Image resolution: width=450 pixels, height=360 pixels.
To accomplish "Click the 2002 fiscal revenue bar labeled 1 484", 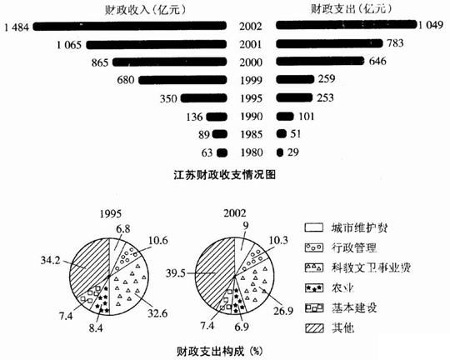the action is (130, 27).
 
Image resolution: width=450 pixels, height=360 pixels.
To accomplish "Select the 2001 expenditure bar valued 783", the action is (329, 43).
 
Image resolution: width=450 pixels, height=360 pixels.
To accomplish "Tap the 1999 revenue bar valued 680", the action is (182, 80).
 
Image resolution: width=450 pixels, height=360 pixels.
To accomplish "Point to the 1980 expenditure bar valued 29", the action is (280, 152).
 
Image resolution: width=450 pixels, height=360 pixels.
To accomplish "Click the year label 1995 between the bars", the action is (252, 98).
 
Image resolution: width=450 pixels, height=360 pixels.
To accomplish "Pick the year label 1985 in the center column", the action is (252, 134).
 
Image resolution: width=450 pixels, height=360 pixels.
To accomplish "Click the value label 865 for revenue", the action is (100, 62).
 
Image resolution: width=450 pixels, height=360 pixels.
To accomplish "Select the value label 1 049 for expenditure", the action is (431, 25).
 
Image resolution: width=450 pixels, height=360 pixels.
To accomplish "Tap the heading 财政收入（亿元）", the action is (145, 10).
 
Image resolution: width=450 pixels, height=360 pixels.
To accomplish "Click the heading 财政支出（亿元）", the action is (351, 10).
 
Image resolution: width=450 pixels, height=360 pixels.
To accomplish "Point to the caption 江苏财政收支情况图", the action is (225, 174).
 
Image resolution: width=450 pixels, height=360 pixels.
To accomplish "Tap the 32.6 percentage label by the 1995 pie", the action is (157, 312).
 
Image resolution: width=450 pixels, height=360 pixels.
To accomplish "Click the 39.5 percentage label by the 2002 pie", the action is (176, 273).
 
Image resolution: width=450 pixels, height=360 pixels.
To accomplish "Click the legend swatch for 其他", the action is (314, 327).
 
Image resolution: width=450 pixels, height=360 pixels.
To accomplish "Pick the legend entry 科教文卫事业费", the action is (357, 267).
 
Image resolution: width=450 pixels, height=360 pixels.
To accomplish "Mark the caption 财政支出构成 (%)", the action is (219, 351).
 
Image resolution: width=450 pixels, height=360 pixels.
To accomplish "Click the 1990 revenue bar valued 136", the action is (217, 117).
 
